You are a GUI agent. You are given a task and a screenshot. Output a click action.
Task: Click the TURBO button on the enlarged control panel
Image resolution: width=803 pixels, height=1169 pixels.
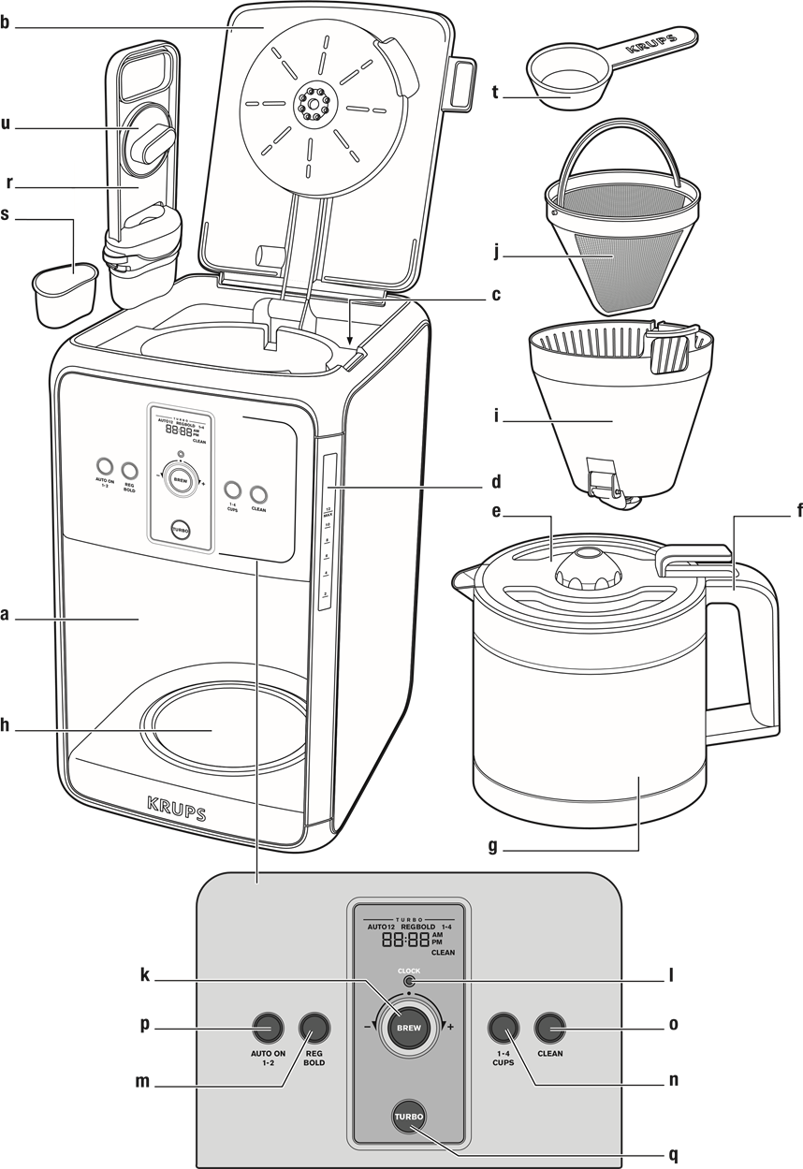[x=409, y=1117]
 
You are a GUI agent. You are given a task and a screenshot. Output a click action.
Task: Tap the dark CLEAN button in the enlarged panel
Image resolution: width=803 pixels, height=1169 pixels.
[x=549, y=1028]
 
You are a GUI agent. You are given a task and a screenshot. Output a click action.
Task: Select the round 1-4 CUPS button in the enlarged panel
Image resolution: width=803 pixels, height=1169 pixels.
[x=503, y=1028]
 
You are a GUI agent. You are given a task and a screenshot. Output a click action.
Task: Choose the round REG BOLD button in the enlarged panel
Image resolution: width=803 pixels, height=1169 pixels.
[x=314, y=1028]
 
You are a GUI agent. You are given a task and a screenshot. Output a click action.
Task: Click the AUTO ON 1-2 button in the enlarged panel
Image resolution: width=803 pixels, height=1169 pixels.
[x=267, y=1028]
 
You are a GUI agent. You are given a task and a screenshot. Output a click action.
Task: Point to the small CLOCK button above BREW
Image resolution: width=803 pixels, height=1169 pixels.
[x=409, y=983]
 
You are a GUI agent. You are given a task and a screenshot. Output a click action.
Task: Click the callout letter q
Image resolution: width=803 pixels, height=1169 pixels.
[x=672, y=1155]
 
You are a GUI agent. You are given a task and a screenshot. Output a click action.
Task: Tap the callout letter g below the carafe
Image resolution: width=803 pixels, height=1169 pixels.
[x=493, y=849]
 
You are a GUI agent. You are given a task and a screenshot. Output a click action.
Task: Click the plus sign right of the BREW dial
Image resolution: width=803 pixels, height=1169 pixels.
[x=451, y=1028]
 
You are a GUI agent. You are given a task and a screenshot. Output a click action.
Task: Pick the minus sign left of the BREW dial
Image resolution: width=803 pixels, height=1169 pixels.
[x=368, y=1027]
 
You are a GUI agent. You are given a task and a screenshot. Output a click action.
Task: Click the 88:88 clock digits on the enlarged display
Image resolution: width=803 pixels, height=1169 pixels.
[x=405, y=941]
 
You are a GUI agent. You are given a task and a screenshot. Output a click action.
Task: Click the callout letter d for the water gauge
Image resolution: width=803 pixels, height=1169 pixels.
[x=495, y=484]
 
